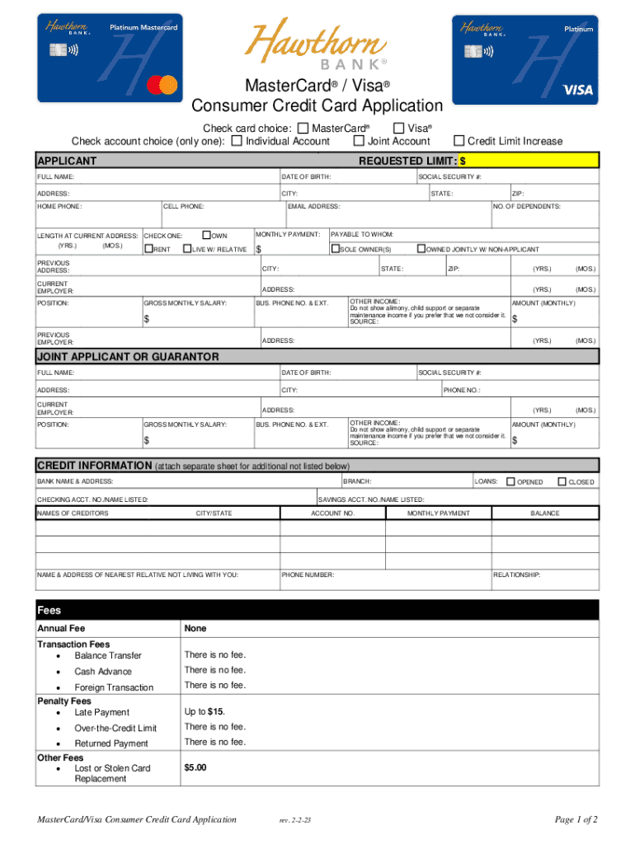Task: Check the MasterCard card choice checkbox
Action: tap(303, 128)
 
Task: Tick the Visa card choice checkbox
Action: tap(399, 128)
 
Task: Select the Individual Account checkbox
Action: tap(238, 141)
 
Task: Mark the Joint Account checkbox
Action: tap(359, 141)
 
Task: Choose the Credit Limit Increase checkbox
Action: tap(460, 141)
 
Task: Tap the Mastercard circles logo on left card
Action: tap(162, 84)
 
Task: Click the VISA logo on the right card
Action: tap(576, 90)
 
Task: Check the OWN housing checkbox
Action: tap(207, 235)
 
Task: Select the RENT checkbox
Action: tap(149, 249)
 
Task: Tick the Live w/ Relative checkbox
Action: tap(187, 249)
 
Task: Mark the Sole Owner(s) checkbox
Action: tap(336, 249)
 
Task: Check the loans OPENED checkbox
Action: tap(510, 481)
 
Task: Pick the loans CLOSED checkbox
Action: tap(562, 481)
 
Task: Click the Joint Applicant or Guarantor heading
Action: tap(128, 357)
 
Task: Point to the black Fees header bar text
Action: tap(49, 611)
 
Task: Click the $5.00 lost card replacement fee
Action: tap(195, 767)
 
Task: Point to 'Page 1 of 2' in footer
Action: tap(576, 819)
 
